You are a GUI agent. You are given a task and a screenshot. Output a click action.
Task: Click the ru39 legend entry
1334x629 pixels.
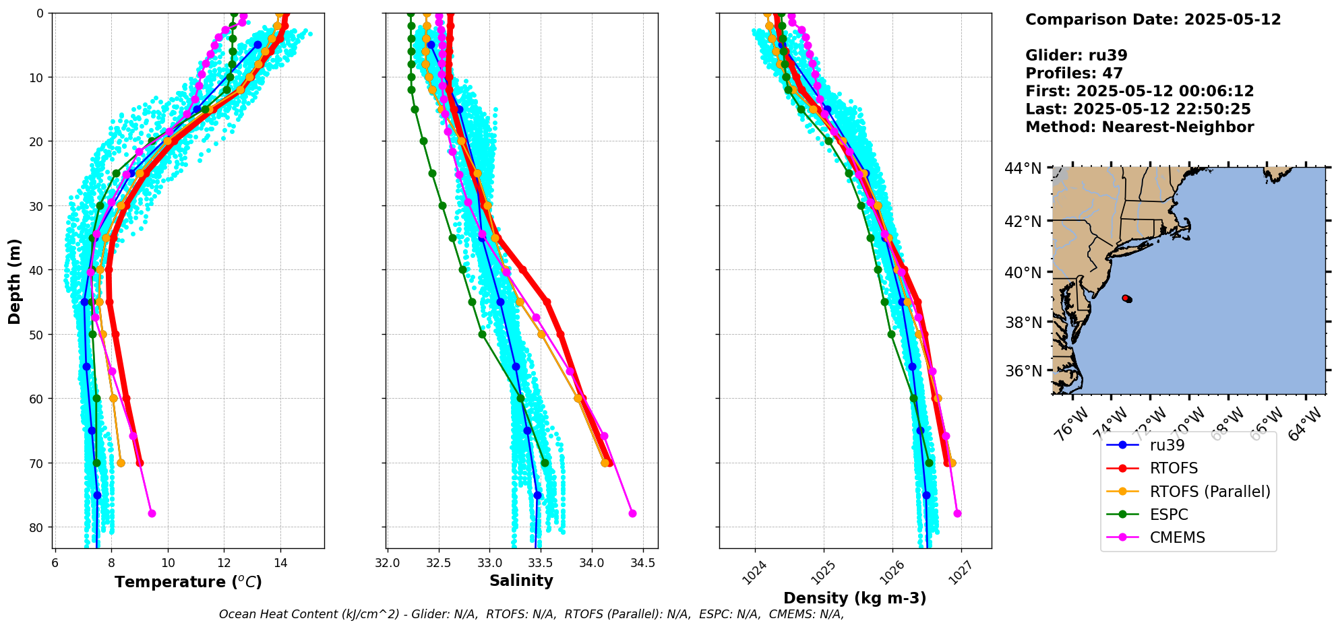pos(1167,445)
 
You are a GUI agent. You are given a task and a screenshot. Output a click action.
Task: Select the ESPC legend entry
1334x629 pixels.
pos(1169,515)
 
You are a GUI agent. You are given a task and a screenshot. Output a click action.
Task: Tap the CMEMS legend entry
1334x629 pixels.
pos(1177,537)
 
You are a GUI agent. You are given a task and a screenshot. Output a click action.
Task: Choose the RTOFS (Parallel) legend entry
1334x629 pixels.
pos(1209,492)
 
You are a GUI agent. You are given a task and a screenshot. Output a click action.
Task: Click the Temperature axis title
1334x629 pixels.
pos(188,582)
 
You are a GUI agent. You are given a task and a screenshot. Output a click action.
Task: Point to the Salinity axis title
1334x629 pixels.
pos(521,581)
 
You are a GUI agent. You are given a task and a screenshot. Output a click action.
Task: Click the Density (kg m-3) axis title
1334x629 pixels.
pos(854,598)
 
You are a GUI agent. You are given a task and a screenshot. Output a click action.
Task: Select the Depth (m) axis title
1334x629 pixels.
pos(15,281)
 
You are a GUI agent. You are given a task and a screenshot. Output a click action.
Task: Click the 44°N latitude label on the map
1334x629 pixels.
pos(1023,168)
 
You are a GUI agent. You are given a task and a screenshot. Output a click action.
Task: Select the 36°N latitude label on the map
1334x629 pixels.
pos(1023,371)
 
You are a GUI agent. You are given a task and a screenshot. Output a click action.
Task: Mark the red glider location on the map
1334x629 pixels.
pos(1126,298)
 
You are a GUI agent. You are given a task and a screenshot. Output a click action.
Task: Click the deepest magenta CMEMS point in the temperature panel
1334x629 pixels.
pos(152,513)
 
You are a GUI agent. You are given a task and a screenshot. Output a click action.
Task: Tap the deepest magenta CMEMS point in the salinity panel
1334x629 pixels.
pos(632,513)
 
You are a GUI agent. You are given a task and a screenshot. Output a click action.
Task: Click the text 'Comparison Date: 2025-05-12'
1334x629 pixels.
pos(1153,20)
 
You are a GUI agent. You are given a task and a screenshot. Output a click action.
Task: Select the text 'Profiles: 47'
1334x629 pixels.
pos(1074,73)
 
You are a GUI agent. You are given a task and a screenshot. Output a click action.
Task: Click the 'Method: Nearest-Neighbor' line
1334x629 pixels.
pos(1139,127)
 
